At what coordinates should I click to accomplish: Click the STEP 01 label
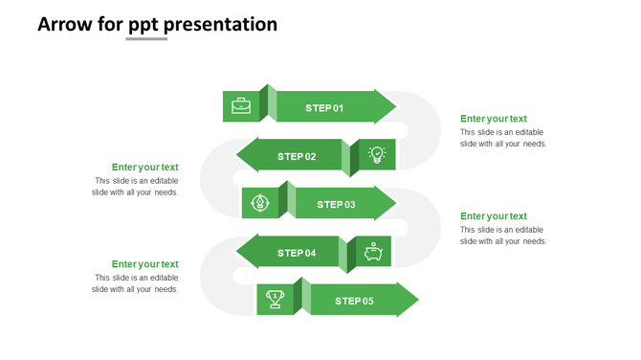(324, 108)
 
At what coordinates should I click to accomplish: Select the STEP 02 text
(297, 156)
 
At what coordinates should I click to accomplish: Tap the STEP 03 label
(336, 204)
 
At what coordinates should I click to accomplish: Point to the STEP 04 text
(297, 253)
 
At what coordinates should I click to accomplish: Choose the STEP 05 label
(354, 301)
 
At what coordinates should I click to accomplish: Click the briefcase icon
(241, 106)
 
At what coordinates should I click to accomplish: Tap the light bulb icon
(377, 155)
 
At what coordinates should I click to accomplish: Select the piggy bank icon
(373, 252)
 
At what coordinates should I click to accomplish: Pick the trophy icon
(276, 300)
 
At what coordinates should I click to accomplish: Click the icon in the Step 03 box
(259, 203)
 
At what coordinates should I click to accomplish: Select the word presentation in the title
(221, 24)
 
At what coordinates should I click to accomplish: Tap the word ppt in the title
(144, 25)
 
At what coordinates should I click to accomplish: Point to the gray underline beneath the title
(146, 39)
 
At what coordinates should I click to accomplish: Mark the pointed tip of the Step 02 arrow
(238, 156)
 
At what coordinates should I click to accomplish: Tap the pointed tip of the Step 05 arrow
(417, 300)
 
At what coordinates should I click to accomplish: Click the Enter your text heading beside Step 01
(493, 119)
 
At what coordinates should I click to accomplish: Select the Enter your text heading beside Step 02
(144, 168)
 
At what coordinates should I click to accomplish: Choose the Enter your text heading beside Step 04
(144, 264)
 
